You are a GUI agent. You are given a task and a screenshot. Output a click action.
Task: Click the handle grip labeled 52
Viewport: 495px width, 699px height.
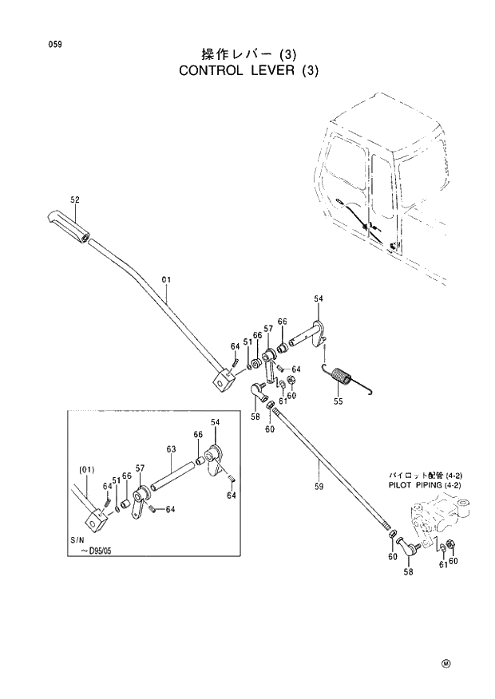pyautogui.click(x=69, y=225)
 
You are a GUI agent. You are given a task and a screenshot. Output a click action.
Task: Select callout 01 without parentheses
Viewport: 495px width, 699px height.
pyautogui.click(x=166, y=280)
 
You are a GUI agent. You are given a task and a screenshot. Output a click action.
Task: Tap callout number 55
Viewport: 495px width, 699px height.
pyautogui.click(x=338, y=401)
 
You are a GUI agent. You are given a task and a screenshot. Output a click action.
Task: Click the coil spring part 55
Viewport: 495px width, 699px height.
pyautogui.click(x=344, y=374)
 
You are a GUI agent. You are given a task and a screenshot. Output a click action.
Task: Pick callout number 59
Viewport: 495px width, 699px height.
pyautogui.click(x=319, y=484)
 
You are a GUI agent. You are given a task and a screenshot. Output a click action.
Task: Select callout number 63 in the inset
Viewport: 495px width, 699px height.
pyautogui.click(x=171, y=449)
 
